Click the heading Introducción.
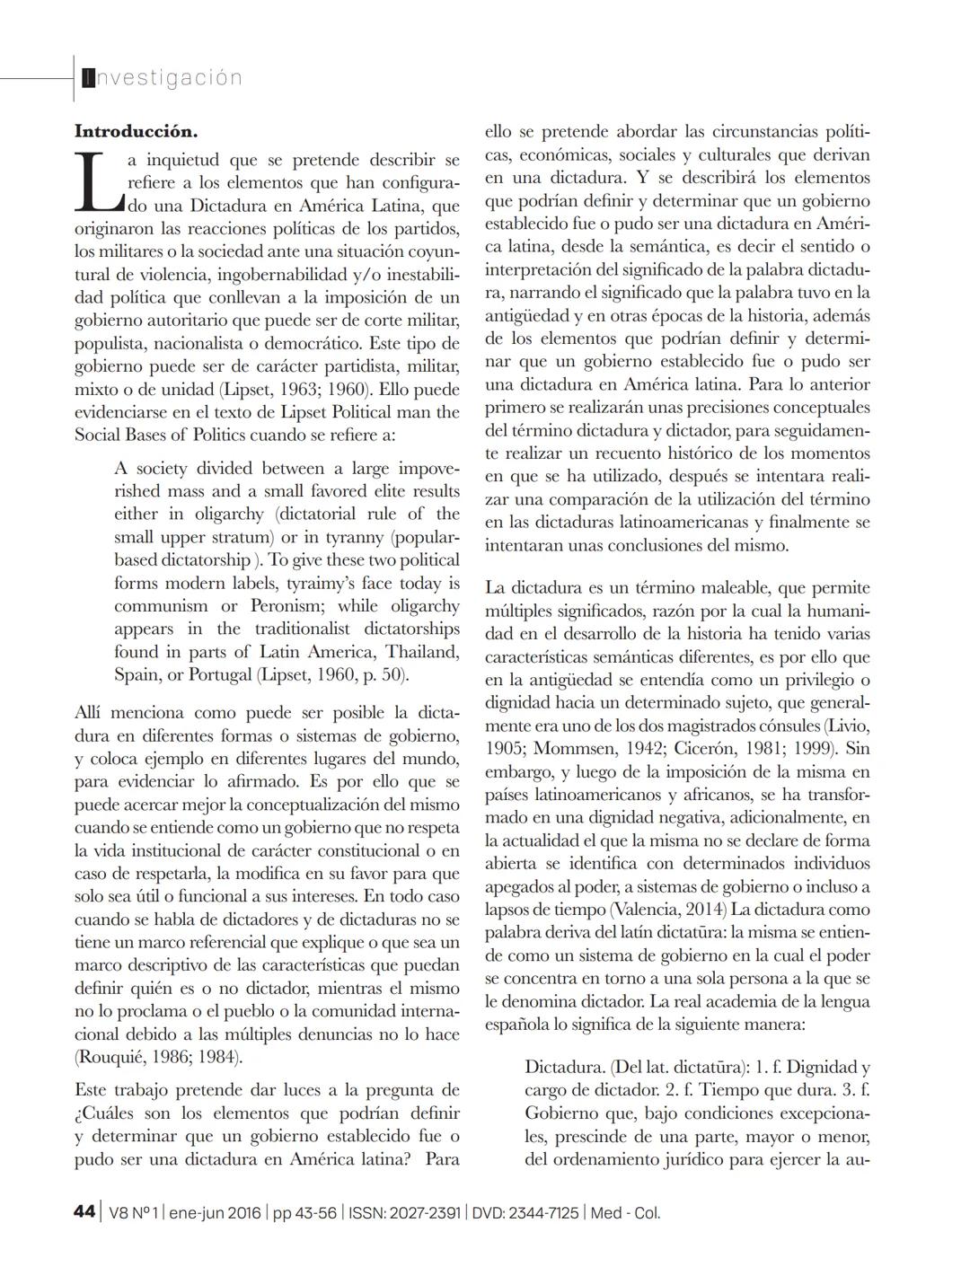136,131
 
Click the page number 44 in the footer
84,1212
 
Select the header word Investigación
163,78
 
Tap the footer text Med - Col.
625,1212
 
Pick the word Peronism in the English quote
291,606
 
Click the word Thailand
421,652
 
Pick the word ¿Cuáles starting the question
114,1113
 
